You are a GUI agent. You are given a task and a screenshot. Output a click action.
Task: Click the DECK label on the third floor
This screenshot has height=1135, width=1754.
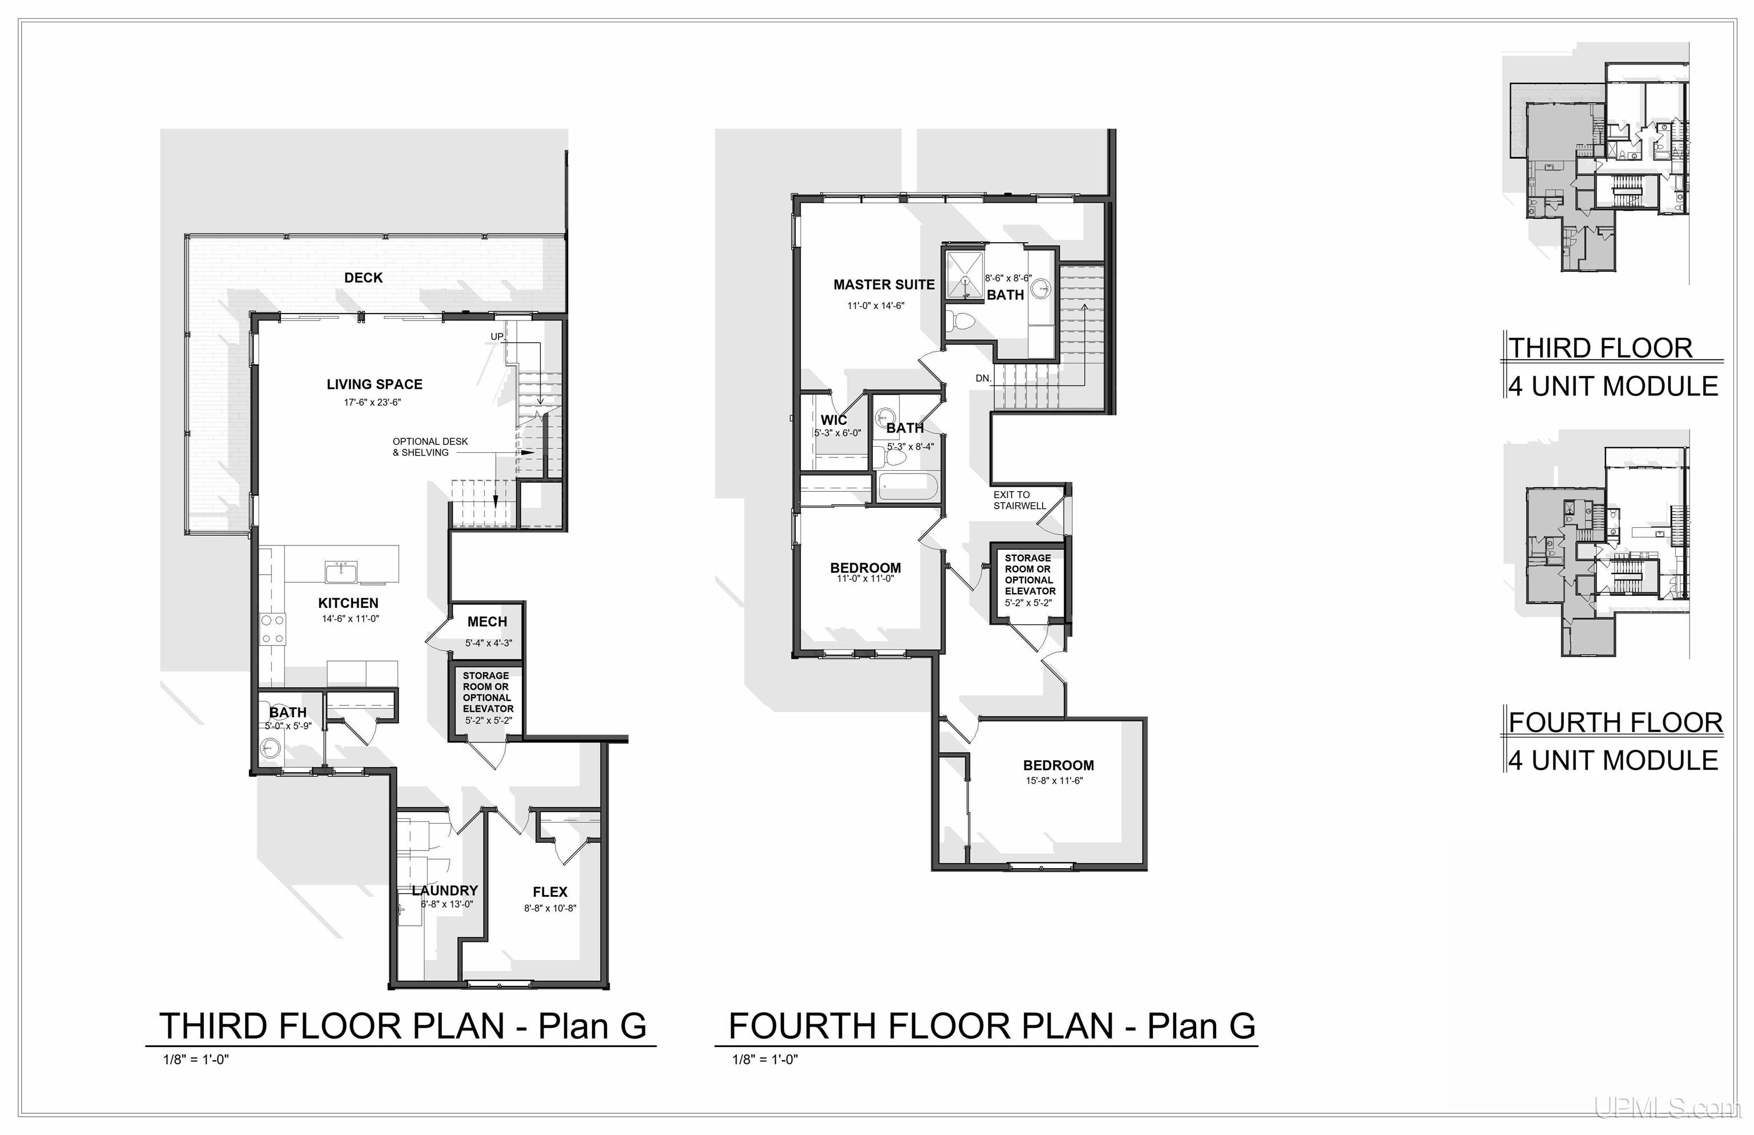(363, 278)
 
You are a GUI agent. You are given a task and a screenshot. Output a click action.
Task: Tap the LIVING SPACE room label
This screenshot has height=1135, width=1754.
(374, 384)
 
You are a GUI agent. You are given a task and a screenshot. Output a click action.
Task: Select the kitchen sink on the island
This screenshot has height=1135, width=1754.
(341, 571)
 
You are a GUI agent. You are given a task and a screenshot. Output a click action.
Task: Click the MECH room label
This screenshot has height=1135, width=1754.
(487, 622)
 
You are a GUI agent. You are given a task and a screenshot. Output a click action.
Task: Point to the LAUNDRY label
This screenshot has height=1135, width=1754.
(445, 891)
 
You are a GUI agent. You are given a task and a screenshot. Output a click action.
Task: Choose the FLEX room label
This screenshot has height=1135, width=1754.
(549, 892)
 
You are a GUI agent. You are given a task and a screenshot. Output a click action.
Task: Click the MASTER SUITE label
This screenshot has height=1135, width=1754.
(884, 284)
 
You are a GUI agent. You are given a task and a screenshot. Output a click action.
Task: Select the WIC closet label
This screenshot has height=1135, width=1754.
(834, 420)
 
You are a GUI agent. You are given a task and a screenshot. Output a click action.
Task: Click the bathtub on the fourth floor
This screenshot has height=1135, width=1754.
(908, 487)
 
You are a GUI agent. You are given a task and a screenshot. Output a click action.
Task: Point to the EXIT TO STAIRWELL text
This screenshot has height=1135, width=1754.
(1020, 500)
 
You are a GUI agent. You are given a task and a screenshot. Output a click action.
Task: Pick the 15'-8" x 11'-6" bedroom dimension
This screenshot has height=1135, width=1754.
(1054, 780)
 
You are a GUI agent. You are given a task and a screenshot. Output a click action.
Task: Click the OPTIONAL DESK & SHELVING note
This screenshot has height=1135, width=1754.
(430, 447)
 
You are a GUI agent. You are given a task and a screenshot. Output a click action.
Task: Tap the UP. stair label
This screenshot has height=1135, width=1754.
(498, 337)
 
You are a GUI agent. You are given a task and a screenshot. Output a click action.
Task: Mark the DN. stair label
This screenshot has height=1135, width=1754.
(983, 378)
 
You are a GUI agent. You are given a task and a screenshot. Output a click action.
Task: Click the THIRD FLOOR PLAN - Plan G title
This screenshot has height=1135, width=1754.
(403, 1026)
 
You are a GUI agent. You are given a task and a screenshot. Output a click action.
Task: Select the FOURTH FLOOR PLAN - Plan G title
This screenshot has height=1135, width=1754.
(992, 1026)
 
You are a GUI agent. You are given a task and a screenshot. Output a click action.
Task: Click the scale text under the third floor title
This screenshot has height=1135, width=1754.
(196, 1060)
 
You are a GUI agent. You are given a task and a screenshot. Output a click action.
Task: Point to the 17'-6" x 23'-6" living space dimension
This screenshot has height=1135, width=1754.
(372, 402)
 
